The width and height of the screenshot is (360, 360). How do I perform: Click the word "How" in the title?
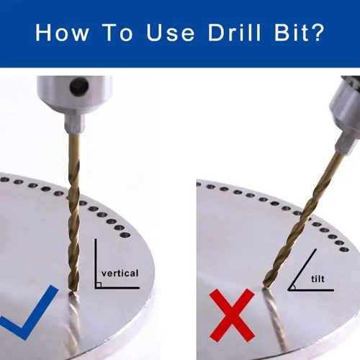click(x=62, y=32)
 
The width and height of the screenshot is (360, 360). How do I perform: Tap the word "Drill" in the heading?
click(x=234, y=32)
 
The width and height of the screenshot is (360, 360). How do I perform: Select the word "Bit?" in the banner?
click(x=300, y=32)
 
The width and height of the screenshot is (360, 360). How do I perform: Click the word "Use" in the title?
click(x=170, y=32)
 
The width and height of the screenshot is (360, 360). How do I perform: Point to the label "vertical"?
click(x=120, y=273)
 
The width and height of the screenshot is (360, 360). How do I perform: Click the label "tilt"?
click(x=318, y=279)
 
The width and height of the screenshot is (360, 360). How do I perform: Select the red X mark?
click(x=232, y=315)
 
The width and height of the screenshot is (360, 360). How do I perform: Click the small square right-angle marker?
click(x=99, y=284)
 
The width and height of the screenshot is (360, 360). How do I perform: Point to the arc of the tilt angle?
click(x=294, y=287)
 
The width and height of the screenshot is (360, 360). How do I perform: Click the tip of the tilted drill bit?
click(x=266, y=286)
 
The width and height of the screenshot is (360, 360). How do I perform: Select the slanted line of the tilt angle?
click(x=302, y=269)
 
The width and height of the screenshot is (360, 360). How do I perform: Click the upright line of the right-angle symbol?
click(x=96, y=264)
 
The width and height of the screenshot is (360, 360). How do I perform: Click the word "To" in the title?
click(x=118, y=32)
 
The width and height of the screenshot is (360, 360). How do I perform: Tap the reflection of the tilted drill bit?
click(x=276, y=319)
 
